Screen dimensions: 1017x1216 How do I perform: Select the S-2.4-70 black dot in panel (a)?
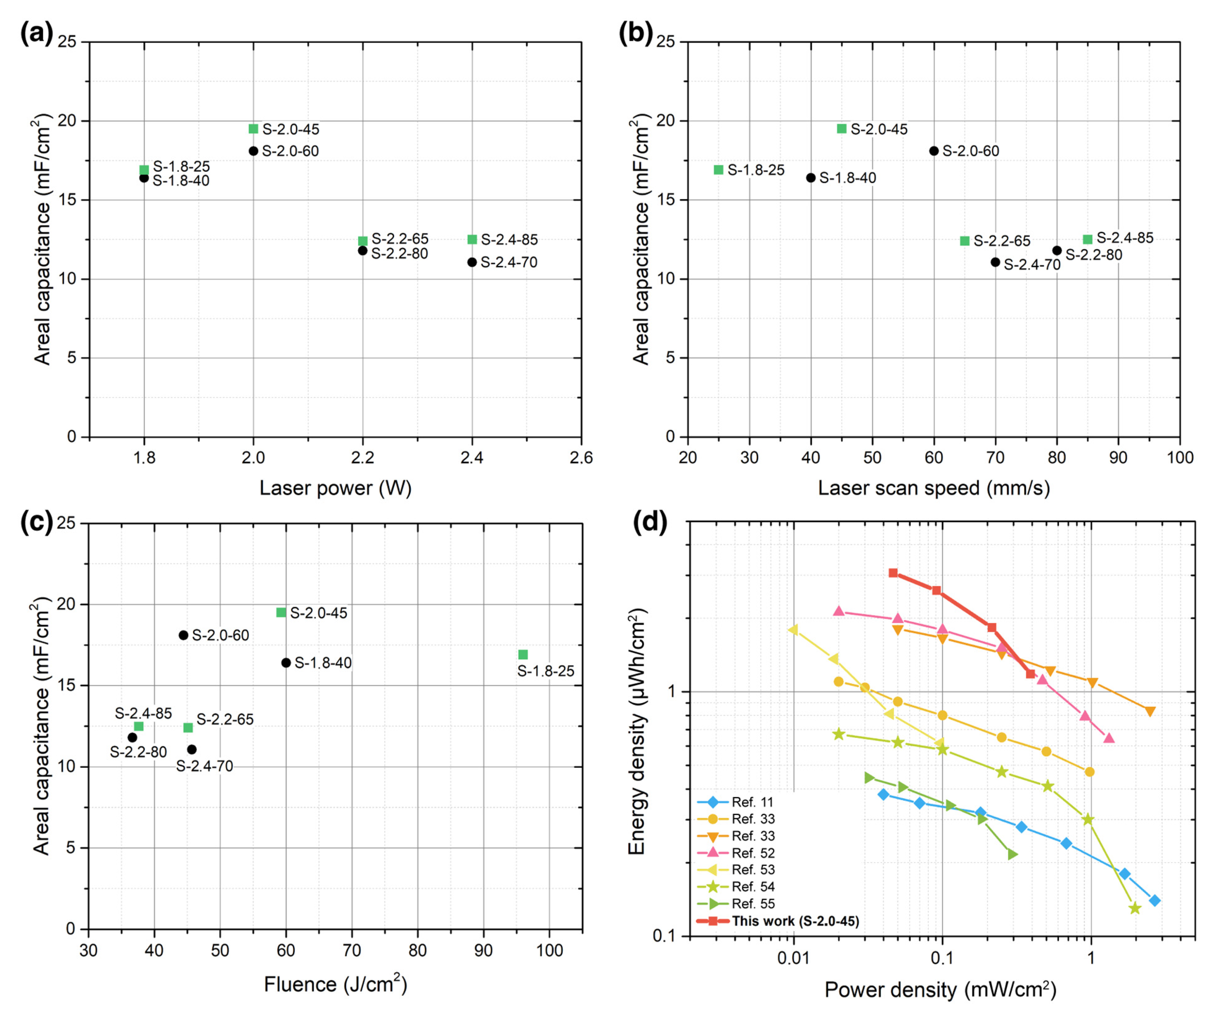click(472, 262)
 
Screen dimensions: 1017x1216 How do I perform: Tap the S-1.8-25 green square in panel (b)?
click(719, 170)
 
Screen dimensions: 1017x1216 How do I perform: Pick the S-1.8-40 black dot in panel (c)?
click(286, 663)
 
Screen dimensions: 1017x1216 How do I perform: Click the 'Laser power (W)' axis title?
click(335, 488)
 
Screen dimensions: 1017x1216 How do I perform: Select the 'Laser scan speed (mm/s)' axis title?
click(933, 488)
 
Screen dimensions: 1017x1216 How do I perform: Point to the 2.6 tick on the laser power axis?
click(581, 458)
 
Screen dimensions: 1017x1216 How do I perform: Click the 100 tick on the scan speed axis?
click(1180, 458)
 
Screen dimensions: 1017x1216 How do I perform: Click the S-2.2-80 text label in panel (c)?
click(138, 752)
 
